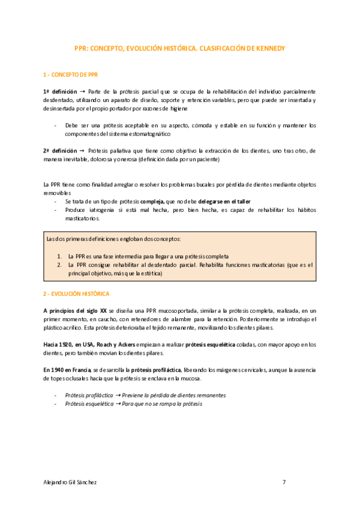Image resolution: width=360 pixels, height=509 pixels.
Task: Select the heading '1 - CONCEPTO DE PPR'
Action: tap(70, 75)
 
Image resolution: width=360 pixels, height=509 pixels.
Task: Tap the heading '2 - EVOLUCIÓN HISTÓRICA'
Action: tap(76, 295)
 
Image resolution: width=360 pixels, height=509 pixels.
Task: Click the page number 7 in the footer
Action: tap(284, 482)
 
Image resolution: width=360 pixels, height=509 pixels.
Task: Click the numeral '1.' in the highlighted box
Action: tap(59, 254)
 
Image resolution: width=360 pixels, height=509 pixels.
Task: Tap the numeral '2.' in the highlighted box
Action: tap(59, 264)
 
